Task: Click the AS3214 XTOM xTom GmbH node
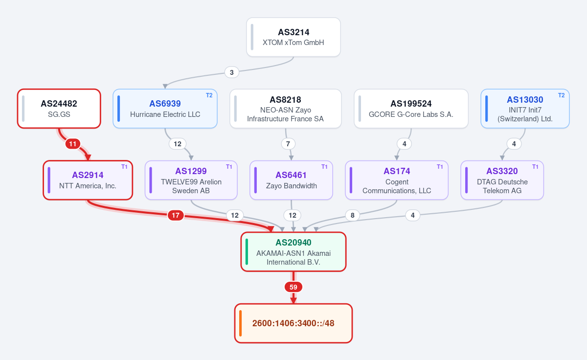(293, 37)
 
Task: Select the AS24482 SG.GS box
(59, 109)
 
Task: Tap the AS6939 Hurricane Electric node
(165, 109)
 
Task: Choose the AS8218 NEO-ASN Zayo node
(286, 109)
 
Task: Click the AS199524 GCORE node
(411, 109)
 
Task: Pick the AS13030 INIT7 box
(525, 109)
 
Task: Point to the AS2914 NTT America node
(88, 180)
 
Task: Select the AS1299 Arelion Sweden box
(191, 180)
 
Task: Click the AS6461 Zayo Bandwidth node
(291, 180)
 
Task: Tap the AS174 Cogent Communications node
(397, 180)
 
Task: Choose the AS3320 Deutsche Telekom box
(502, 180)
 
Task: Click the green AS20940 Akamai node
(293, 252)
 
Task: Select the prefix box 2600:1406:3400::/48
(293, 323)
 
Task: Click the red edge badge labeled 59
(293, 287)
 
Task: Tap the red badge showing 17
(176, 215)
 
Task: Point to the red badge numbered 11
(72, 144)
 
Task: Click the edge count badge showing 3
(232, 72)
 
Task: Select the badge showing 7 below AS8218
(288, 144)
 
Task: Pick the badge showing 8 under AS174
(353, 215)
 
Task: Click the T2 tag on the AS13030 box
(562, 95)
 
